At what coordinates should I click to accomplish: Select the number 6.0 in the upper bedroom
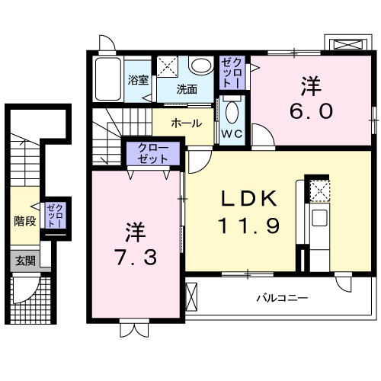point(311,111)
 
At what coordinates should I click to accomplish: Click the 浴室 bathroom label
point(137,79)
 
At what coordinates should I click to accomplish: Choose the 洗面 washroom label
point(187,88)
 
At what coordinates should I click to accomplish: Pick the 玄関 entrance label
point(24,261)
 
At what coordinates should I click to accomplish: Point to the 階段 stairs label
point(24,222)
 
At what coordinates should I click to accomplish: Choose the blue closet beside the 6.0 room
point(232,72)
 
